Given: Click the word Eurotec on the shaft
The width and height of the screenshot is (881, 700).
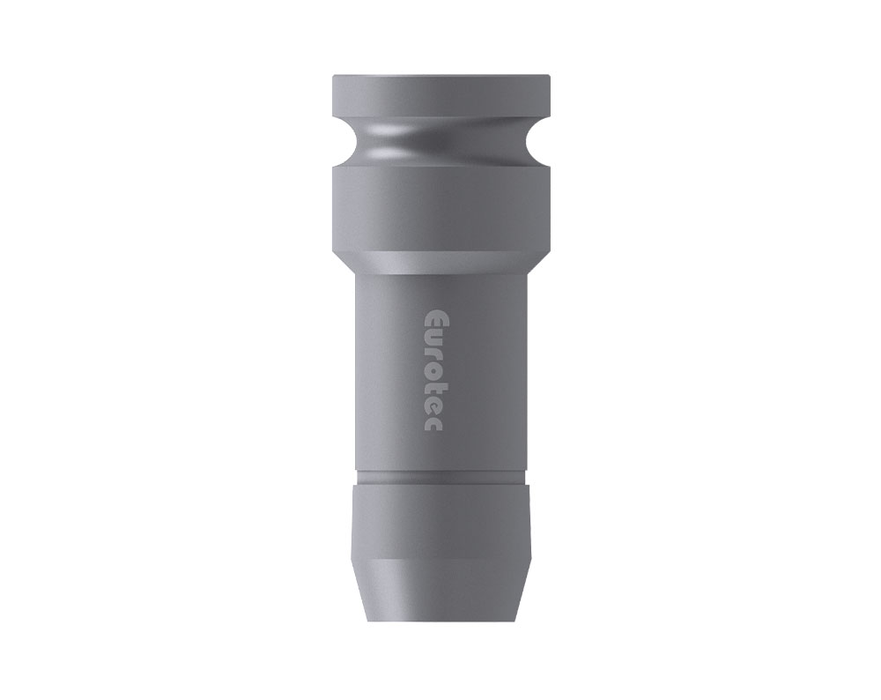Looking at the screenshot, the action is (x=432, y=369).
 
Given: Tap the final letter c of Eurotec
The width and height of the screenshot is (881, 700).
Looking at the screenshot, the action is (x=432, y=424).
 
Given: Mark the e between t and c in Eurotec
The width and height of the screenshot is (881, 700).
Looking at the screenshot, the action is (x=432, y=406).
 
